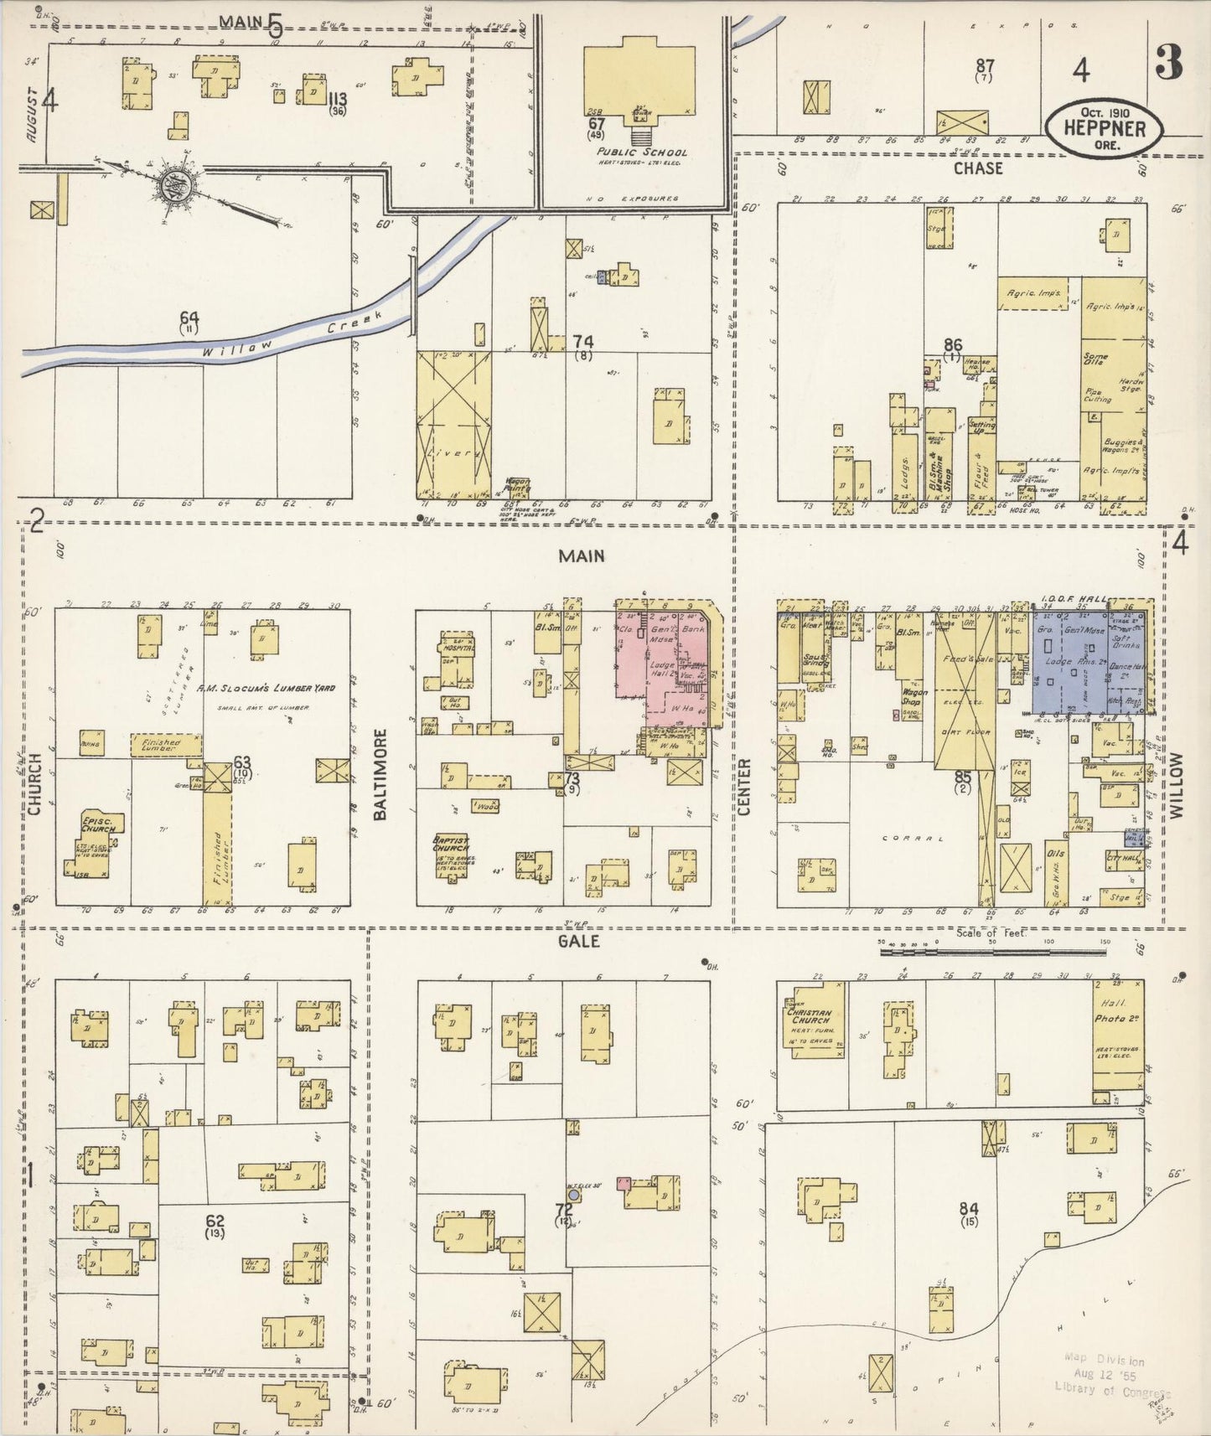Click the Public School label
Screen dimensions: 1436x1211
click(x=642, y=152)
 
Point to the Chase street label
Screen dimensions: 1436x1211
click(x=977, y=168)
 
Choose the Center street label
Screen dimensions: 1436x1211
click(x=745, y=786)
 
